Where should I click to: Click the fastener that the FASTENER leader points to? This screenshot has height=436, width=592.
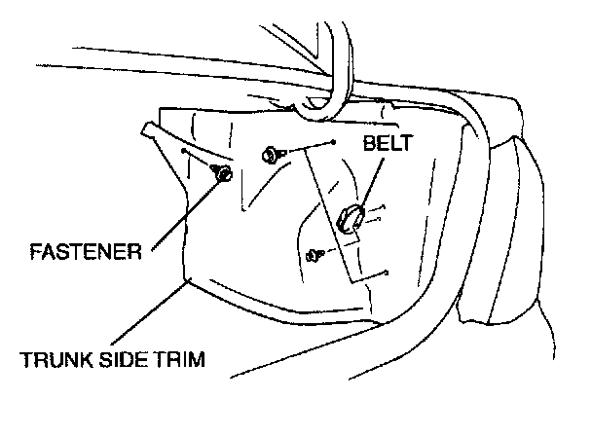coord(221,174)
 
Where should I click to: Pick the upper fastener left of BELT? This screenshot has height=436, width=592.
coord(268,153)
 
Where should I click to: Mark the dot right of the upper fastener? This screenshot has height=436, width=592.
coord(334,142)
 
